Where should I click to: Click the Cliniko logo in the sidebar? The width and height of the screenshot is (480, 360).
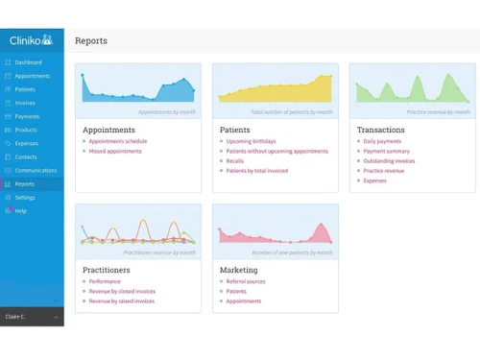[31, 40]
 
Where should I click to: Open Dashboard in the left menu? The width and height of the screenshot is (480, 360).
[28, 62]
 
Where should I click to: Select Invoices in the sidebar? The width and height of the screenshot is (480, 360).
[25, 103]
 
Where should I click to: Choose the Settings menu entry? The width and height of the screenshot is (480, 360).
[25, 197]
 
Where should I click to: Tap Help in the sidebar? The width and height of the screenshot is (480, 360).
[20, 210]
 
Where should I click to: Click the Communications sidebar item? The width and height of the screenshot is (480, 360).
[36, 170]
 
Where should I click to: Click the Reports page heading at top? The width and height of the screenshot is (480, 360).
[91, 41]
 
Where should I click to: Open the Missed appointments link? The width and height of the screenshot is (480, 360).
[115, 151]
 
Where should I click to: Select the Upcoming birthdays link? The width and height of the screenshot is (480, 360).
[252, 141]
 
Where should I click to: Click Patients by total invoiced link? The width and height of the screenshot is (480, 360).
[257, 171]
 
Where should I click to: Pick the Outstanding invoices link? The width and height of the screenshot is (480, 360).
[389, 160]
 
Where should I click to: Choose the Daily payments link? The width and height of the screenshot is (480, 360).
[382, 141]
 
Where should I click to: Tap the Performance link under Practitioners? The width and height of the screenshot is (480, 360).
[105, 281]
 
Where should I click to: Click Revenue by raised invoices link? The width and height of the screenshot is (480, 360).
[122, 300]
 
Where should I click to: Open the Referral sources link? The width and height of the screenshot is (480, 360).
[246, 281]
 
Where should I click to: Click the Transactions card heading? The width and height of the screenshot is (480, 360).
[381, 130]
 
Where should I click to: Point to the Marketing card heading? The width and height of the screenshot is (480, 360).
[238, 270]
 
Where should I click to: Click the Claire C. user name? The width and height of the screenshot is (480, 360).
[16, 316]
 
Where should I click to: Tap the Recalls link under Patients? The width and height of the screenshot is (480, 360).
[234, 160]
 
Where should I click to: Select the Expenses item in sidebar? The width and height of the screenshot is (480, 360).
[26, 143]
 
